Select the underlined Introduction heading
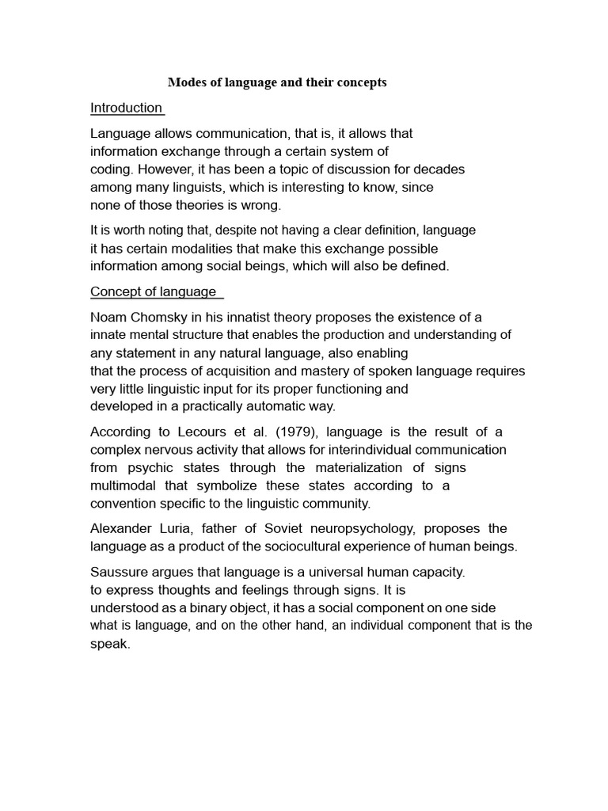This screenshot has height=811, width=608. [x=127, y=108]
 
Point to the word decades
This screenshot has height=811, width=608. [x=441, y=169]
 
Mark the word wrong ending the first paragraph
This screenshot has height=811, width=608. [x=262, y=205]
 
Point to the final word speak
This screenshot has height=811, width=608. [x=109, y=644]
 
